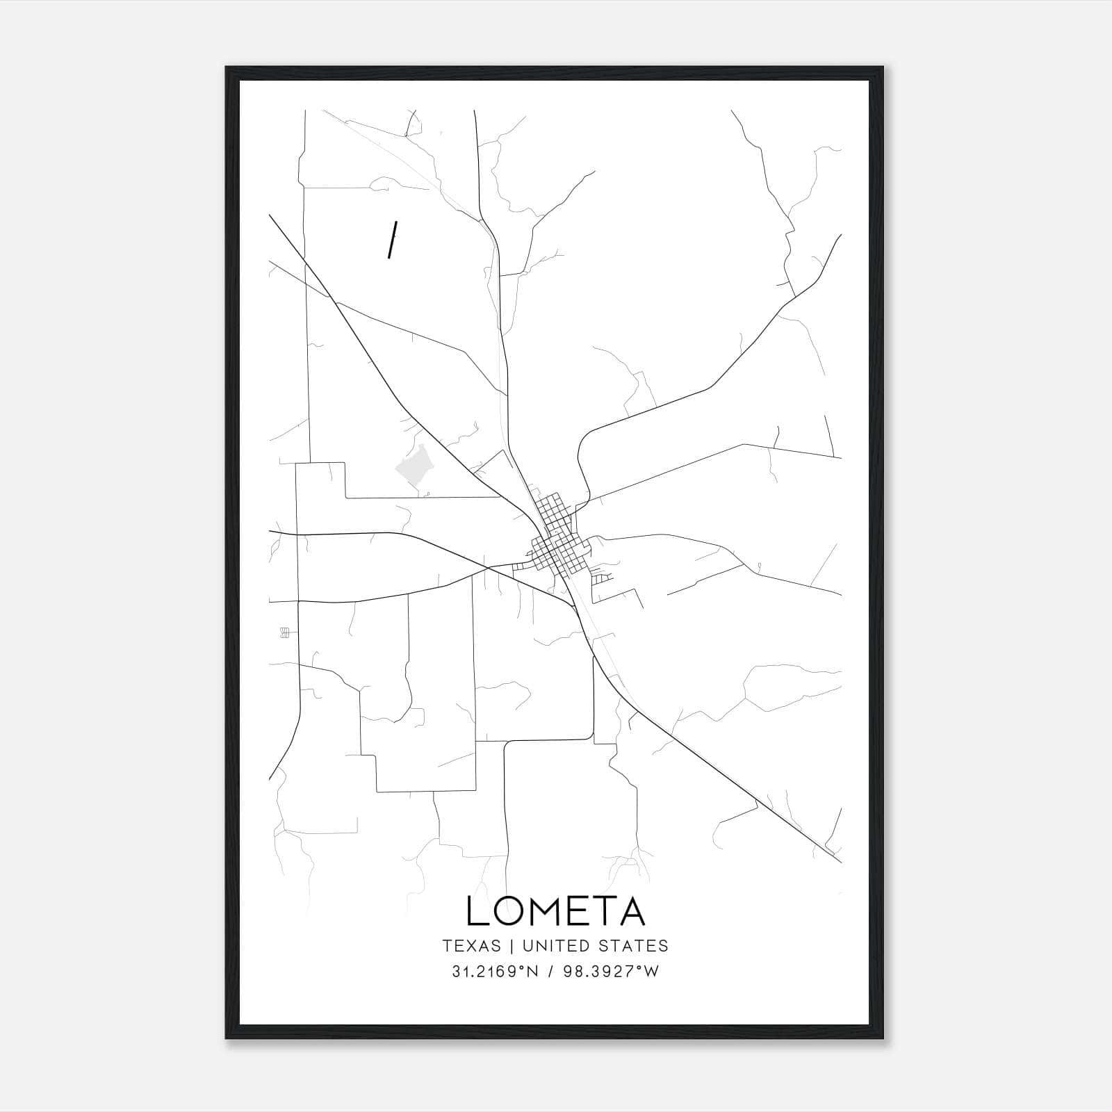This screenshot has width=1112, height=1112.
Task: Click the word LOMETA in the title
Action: tap(555, 911)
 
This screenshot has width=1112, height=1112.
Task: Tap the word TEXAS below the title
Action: tap(471, 946)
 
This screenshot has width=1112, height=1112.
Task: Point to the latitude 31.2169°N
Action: tap(495, 972)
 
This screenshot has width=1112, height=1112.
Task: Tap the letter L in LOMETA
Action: tap(477, 911)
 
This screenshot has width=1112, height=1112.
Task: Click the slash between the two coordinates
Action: tap(551, 972)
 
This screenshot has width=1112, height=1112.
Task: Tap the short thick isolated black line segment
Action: tap(393, 240)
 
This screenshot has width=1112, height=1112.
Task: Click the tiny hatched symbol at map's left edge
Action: tap(284, 632)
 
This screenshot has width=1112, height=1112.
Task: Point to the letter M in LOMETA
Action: tap(546, 911)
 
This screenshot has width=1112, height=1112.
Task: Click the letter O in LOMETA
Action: tap(509, 911)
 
